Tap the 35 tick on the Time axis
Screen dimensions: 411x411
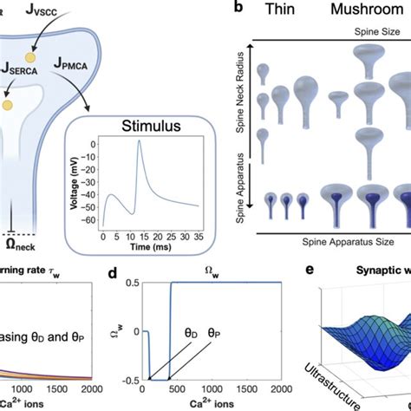[x=199, y=236]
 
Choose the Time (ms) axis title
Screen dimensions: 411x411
[x=150, y=246]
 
